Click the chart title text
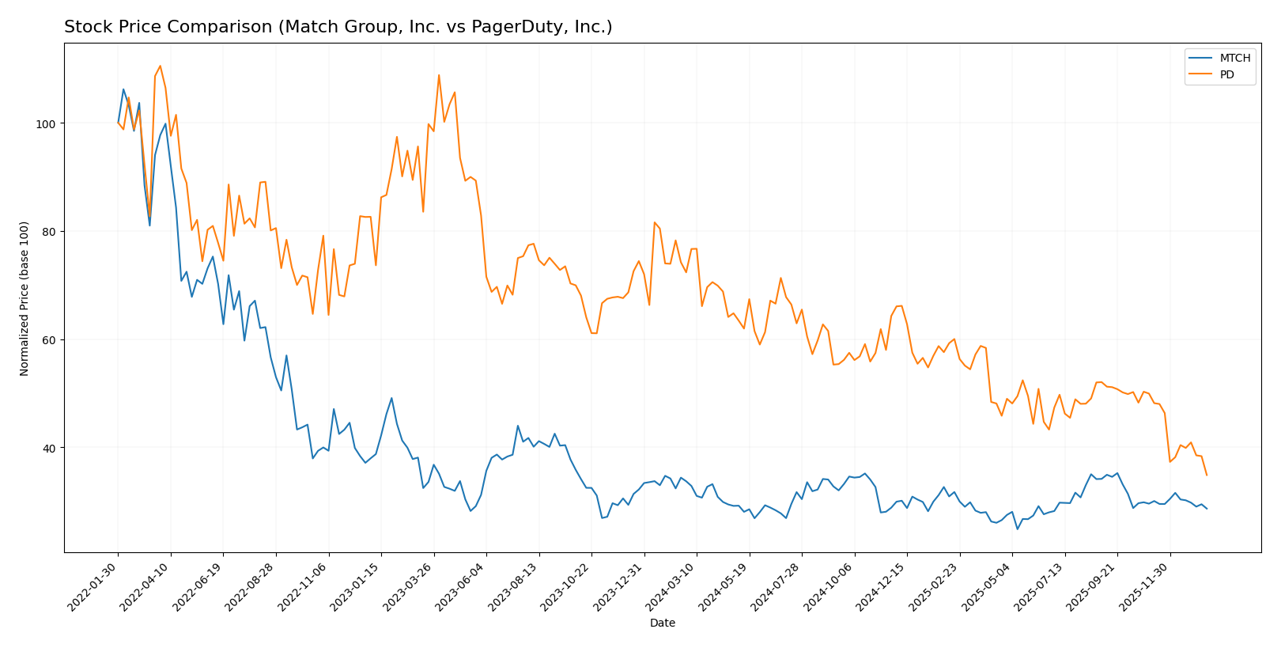tap(338, 28)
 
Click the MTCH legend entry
tap(1234, 59)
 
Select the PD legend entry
tap(1226, 76)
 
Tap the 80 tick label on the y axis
tap(48, 232)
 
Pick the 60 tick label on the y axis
tap(48, 340)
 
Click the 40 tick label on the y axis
tap(48, 449)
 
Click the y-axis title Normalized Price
tap(25, 298)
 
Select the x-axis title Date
tap(662, 623)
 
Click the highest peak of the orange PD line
tap(160, 66)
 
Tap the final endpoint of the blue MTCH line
tap(1207, 509)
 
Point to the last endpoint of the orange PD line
tap(1207, 476)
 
